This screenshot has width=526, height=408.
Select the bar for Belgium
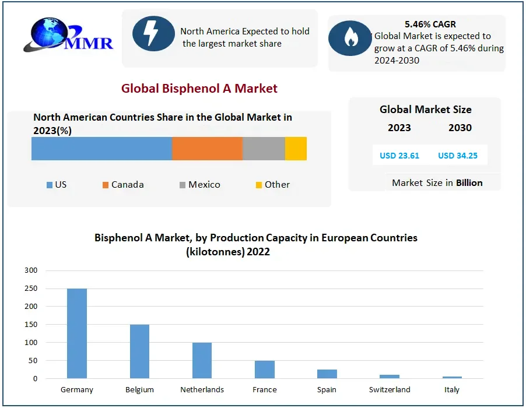point(139,351)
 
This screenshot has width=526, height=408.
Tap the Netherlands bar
point(202,360)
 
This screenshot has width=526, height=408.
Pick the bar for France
point(264,370)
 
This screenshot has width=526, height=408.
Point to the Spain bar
point(327,374)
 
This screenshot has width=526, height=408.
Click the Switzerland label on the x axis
point(390,389)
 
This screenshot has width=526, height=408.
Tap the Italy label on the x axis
point(452,389)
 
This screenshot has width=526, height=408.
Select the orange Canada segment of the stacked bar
point(207,149)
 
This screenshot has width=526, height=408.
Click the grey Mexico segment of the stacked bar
point(264,149)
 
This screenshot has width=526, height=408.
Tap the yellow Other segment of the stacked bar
point(296,149)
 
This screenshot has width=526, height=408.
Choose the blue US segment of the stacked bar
point(101,149)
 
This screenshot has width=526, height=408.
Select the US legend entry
point(57,185)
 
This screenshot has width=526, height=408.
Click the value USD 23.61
point(395,156)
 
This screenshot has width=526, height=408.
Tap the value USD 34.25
point(458,156)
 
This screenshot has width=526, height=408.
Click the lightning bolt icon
point(153,33)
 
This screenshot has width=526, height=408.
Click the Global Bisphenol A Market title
point(199,89)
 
